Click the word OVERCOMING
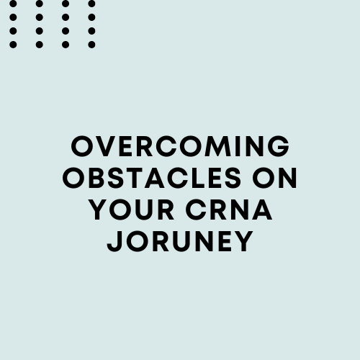tap(180, 146)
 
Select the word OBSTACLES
tap(152, 178)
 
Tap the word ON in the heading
tap(275, 178)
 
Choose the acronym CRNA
tap(229, 210)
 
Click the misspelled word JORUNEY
tap(180, 241)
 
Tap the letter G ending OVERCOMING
tap(279, 146)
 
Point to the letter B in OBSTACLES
tap(96, 178)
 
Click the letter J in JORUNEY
tap(114, 241)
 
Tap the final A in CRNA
tap(263, 210)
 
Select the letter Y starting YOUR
tap(99, 210)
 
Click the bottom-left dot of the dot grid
tap(13, 45)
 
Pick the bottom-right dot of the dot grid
tap(91, 45)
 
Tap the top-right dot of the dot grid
tap(91, 4)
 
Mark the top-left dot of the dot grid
tap(13, 4)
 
